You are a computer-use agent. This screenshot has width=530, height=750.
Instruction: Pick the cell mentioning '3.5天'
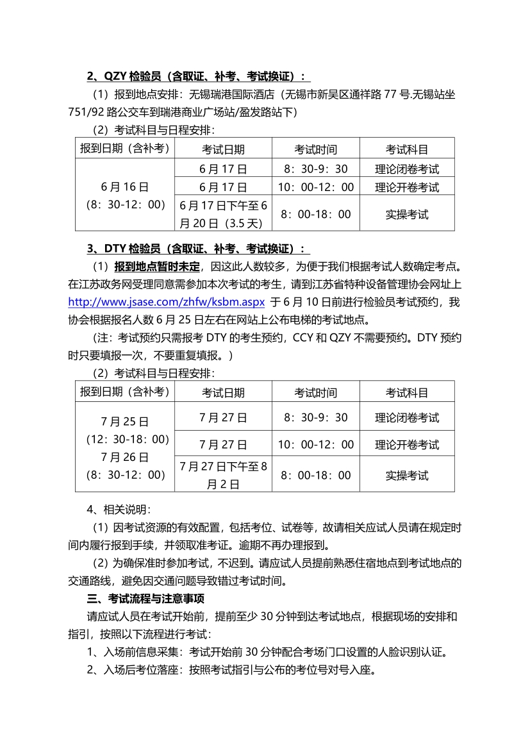coord(222,214)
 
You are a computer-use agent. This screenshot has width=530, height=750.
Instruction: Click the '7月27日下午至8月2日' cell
coord(222,475)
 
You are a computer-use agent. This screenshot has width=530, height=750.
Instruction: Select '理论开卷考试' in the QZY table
coord(407,187)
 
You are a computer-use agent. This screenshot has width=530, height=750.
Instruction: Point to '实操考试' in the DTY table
coord(407,475)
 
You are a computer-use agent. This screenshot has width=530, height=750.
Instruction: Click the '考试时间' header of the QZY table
coord(315,149)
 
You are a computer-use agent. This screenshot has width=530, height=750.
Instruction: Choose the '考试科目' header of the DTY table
coord(407,392)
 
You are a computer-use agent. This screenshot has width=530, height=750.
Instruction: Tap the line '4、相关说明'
coord(119,510)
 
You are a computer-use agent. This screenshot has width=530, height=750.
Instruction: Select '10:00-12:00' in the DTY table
coord(315,444)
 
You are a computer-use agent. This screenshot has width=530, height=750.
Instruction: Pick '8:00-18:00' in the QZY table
coord(315,214)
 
